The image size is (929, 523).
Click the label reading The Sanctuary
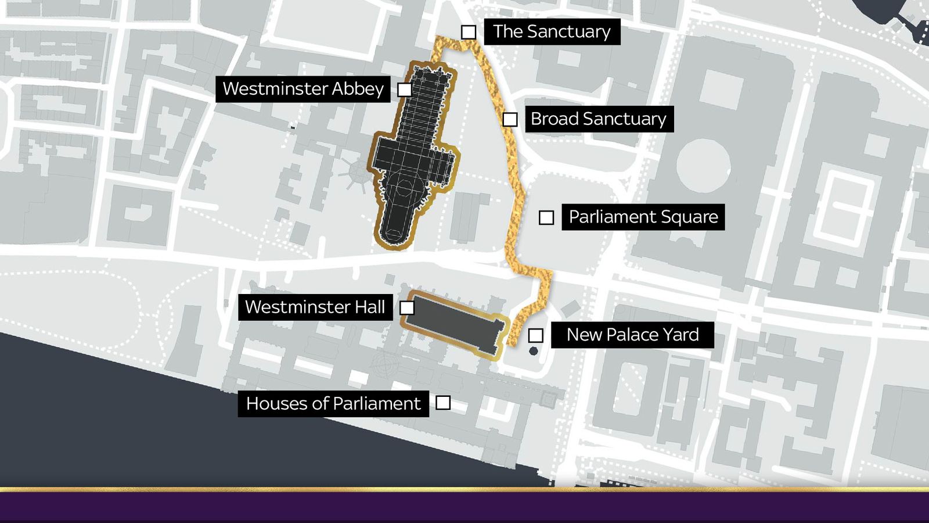click(x=552, y=31)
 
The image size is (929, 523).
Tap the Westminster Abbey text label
click(x=303, y=89)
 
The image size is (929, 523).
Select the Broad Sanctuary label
click(x=599, y=119)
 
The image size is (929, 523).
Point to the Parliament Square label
click(x=643, y=217)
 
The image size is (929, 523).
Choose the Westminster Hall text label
click(x=315, y=307)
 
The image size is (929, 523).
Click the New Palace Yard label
click(x=632, y=335)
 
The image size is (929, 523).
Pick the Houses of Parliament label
click(x=333, y=403)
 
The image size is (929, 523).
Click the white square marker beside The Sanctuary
click(x=469, y=32)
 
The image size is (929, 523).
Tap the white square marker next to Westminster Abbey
click(x=405, y=89)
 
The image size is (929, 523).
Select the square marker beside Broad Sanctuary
click(x=510, y=120)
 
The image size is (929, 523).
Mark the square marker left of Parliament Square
click(x=546, y=217)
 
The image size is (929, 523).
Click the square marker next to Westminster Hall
click(x=407, y=307)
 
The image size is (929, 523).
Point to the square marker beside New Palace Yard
click(x=535, y=335)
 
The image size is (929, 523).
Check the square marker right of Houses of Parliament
click(x=443, y=403)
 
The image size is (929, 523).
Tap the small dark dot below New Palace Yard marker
click(x=534, y=351)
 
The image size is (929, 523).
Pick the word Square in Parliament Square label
click(x=691, y=217)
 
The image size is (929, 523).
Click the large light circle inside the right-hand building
click(x=703, y=166)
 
